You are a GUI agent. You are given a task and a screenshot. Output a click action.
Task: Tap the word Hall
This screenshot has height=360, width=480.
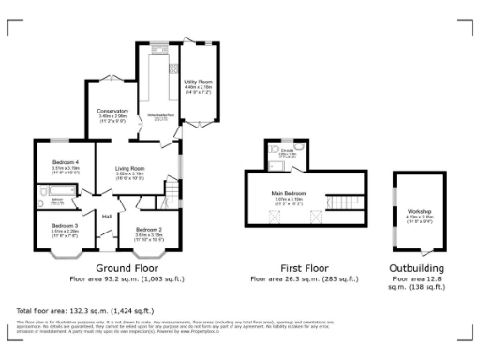point(107,217)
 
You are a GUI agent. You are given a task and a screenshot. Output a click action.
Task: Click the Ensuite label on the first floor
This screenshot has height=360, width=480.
point(290,149)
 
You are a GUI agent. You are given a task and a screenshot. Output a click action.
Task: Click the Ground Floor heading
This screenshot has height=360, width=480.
point(134,268)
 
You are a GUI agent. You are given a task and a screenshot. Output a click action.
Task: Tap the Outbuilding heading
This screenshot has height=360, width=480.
point(417,268)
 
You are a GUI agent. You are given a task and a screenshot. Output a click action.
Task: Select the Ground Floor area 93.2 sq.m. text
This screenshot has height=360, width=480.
point(134,278)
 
